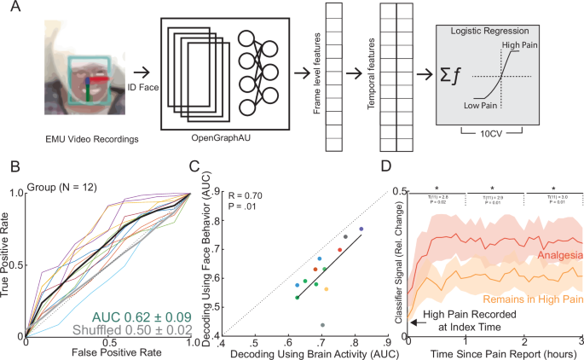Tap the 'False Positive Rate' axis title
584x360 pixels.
(107, 351)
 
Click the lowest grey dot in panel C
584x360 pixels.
(322, 325)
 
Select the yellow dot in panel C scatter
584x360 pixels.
(326, 289)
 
